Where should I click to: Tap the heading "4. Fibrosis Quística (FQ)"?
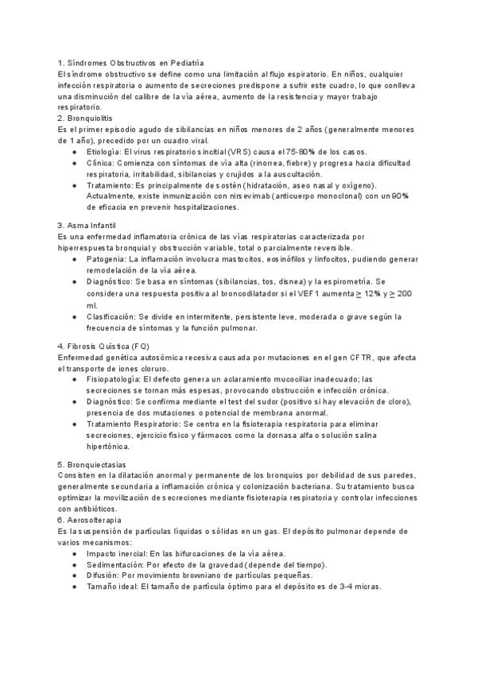pyautogui.click(x=103, y=347)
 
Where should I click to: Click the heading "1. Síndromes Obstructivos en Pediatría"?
pyautogui.click(x=132, y=63)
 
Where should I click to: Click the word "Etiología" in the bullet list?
pyautogui.click(x=103, y=151)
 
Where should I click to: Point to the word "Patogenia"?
pyautogui.click(x=103, y=259)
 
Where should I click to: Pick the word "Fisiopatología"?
pyautogui.click(x=111, y=380)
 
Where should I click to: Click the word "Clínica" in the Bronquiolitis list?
pyautogui.click(x=99, y=162)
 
